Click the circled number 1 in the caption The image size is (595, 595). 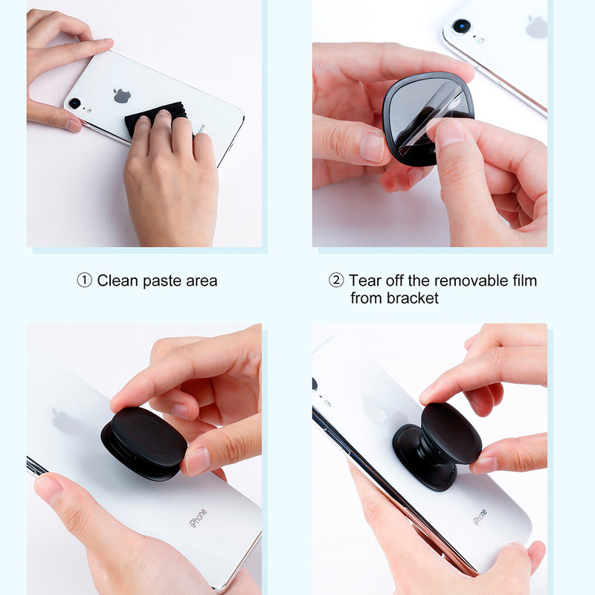[85, 280]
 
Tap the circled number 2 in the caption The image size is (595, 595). [337, 280]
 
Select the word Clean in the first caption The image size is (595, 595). [118, 280]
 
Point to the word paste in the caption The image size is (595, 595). [162, 281]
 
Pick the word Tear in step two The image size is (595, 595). [364, 280]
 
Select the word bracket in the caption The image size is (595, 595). [413, 298]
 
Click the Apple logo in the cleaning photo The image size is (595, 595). [122, 94]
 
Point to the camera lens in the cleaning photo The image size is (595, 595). [74, 103]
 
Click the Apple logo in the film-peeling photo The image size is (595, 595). [536, 27]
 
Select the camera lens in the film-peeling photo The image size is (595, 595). [461, 26]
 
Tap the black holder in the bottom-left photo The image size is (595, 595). [144, 443]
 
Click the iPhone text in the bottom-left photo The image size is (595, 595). [198, 518]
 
